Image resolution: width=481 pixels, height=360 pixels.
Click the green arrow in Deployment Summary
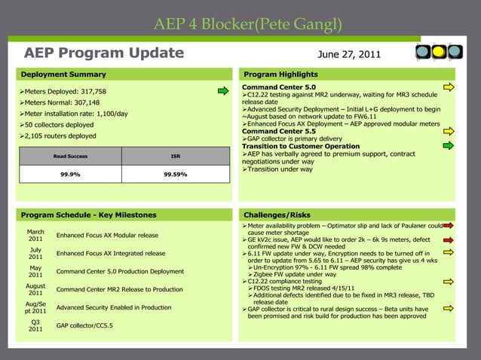click(x=222, y=92)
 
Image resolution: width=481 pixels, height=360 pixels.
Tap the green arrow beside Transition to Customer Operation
click(x=449, y=145)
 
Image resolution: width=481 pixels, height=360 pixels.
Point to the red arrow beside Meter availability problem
click(x=449, y=224)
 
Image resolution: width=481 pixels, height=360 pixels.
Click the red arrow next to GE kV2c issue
click(x=449, y=239)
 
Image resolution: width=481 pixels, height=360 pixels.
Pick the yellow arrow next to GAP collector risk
click(x=449, y=308)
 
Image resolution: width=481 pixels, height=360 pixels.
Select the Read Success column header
click(x=70, y=156)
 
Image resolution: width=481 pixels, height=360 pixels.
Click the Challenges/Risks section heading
click(x=272, y=215)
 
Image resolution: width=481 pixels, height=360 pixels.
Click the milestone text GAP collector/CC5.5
click(x=84, y=325)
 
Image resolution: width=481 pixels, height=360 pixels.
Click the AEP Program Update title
click(x=104, y=53)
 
